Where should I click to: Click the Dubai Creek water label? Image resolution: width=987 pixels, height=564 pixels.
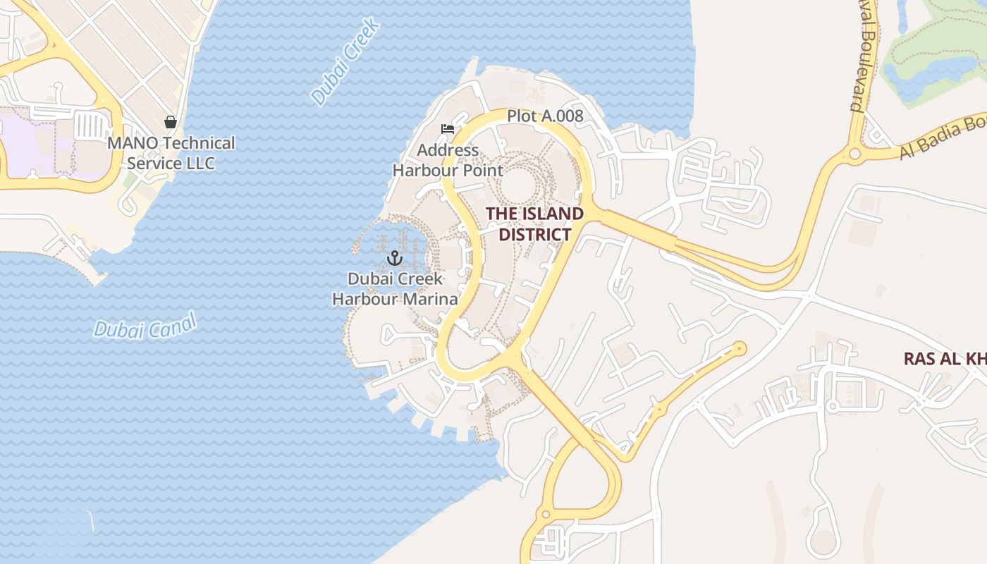tap(345, 61)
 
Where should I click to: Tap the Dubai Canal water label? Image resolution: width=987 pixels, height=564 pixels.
tap(145, 326)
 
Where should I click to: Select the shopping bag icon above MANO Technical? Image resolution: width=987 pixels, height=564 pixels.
tap(170, 122)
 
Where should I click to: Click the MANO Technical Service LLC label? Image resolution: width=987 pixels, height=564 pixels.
tap(171, 153)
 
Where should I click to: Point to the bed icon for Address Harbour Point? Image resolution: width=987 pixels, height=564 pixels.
tap(447, 129)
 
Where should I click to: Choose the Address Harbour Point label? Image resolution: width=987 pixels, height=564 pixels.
tap(448, 160)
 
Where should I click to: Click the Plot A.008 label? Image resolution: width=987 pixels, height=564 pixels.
tap(545, 116)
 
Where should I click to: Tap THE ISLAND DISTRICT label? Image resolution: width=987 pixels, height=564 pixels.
tap(534, 224)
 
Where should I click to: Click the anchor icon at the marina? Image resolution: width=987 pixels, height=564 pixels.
tap(394, 258)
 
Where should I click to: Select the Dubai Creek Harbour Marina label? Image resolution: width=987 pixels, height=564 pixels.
tap(395, 289)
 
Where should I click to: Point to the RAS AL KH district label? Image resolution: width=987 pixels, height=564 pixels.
tap(945, 359)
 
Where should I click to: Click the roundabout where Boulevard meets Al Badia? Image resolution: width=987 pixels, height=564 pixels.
tap(854, 153)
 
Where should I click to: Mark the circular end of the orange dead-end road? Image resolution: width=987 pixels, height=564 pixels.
tap(740, 348)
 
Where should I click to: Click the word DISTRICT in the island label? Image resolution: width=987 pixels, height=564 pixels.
tap(535, 235)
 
